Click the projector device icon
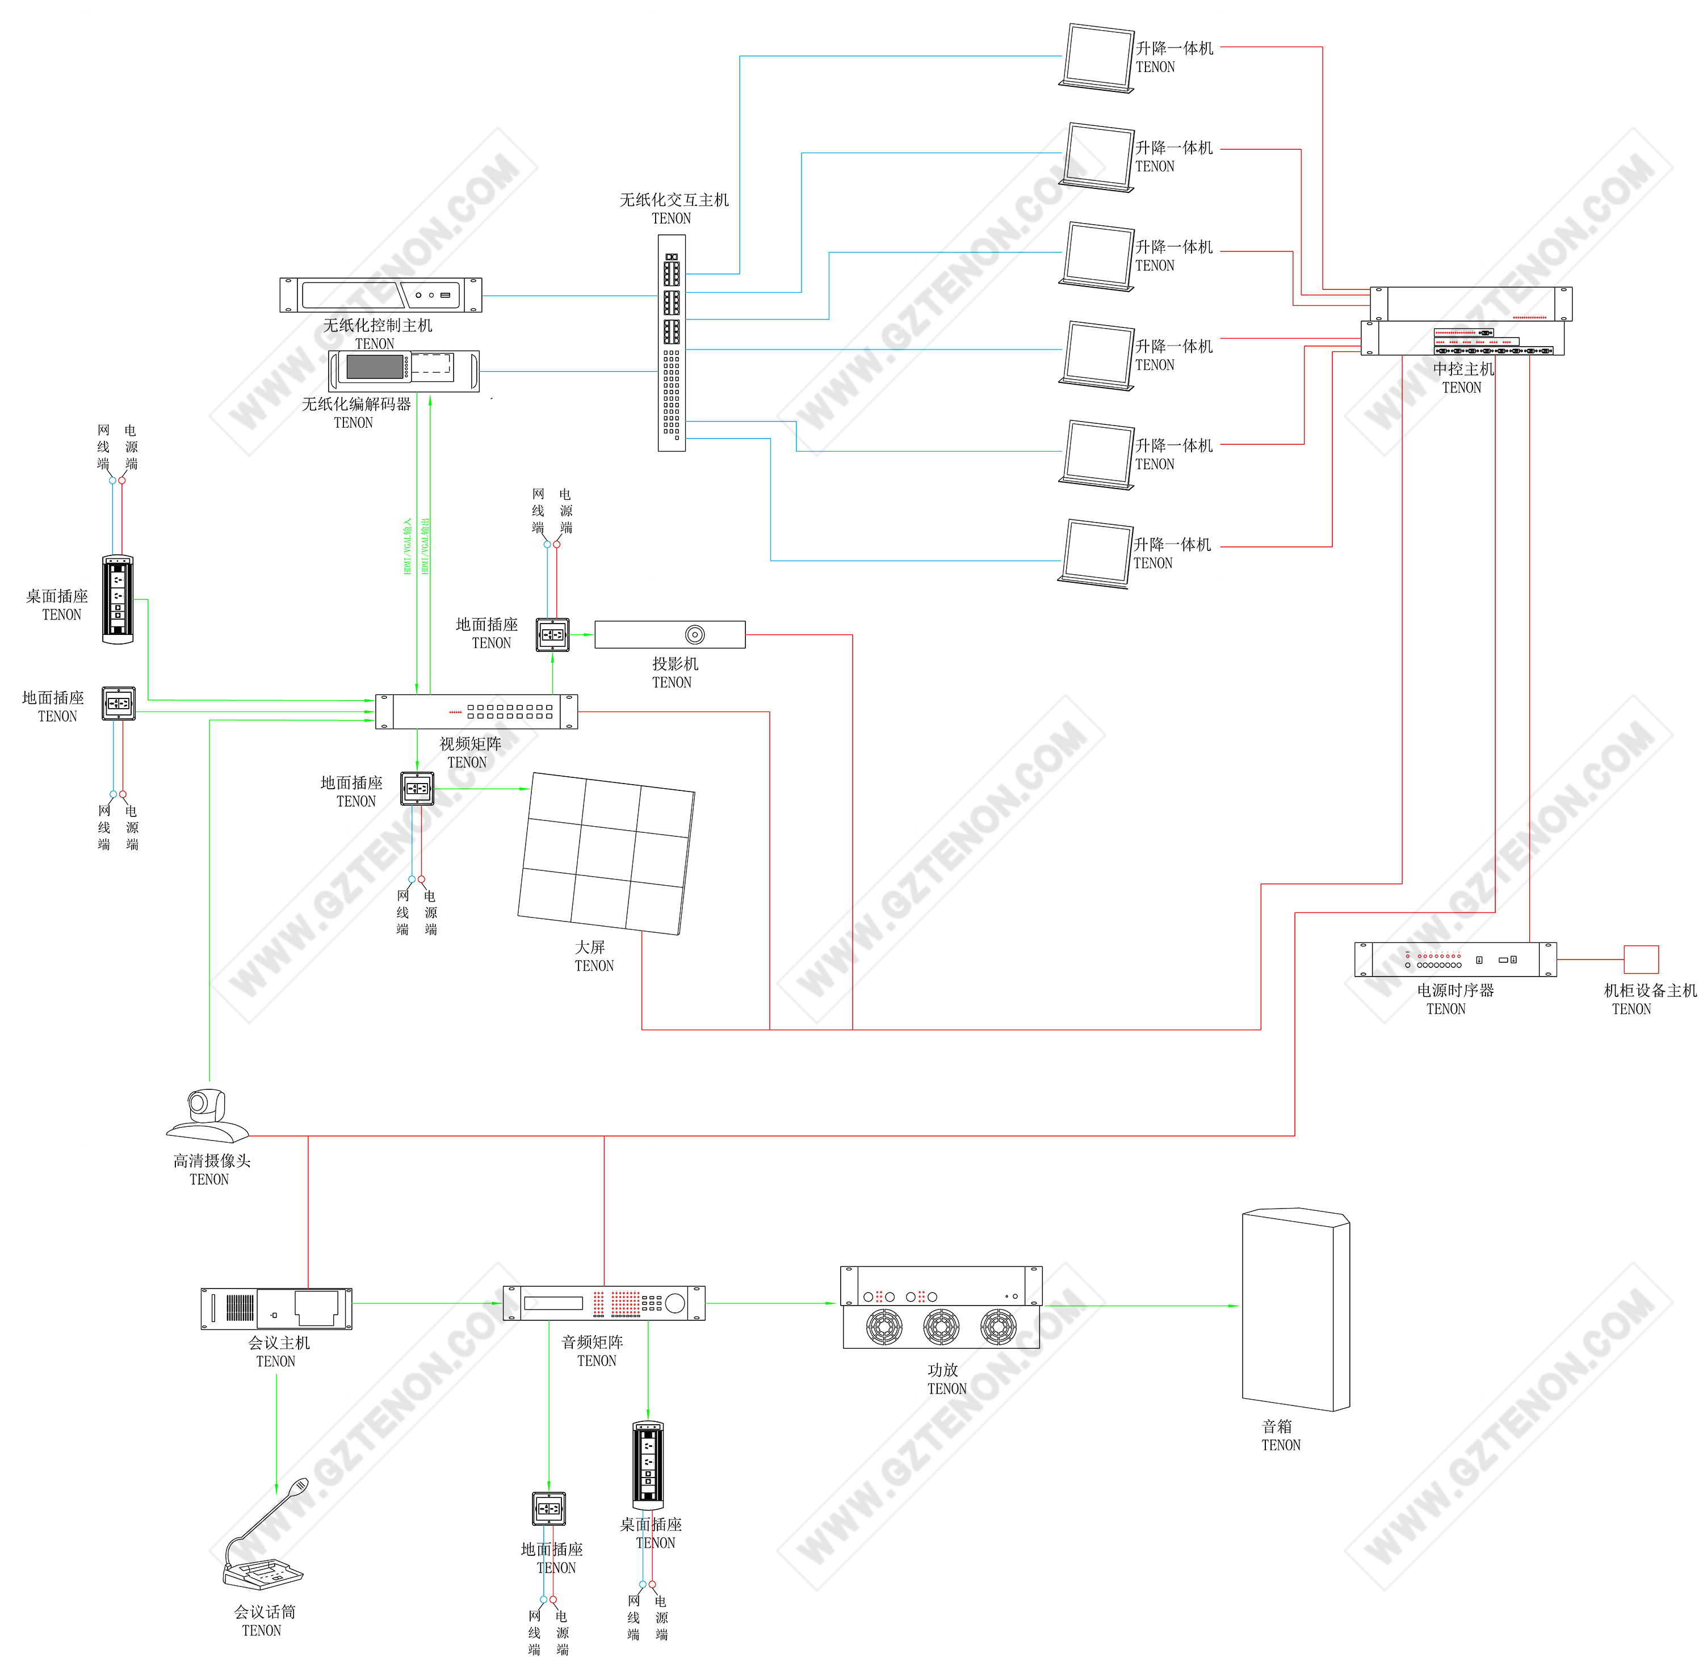coord(670,634)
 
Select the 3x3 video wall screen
coord(606,853)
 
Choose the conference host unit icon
coord(276,1308)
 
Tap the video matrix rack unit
coord(477,711)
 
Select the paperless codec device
coord(404,371)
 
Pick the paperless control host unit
coord(381,295)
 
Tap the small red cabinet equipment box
coord(1641,959)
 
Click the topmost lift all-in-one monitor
coord(1097,57)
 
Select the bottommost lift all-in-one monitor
coord(1096,553)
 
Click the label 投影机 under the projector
coord(675,663)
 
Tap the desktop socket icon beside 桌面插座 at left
coord(118,599)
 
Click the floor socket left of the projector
coord(552,634)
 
